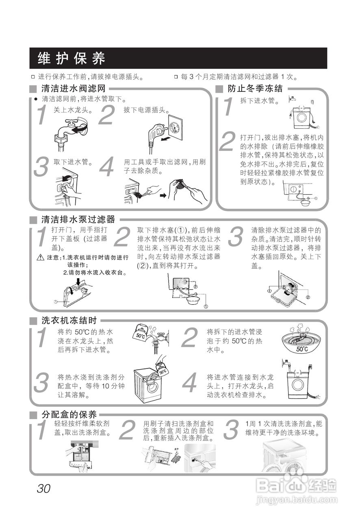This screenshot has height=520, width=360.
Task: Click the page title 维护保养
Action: pos(72,58)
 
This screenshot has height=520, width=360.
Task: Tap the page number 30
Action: pos(43,488)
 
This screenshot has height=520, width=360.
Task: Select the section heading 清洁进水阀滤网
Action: pos(73,89)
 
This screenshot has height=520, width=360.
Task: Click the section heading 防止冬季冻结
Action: pos(255,89)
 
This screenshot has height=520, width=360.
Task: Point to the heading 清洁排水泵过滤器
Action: pos(78,220)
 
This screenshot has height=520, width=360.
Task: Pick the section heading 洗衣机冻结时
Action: pos(69,320)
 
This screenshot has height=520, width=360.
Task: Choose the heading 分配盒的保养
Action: pos(69,415)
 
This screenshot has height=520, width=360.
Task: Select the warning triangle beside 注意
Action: pos(40,258)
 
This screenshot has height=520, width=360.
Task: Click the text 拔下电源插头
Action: pos(146,110)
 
